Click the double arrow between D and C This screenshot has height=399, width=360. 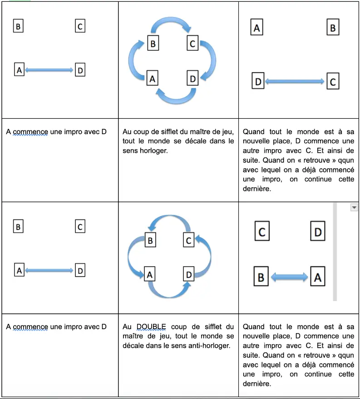(294, 82)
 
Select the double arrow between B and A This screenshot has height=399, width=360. (289, 277)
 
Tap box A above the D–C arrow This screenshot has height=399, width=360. (257, 28)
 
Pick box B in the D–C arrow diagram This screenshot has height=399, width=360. (333, 28)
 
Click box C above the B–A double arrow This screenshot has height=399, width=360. (261, 232)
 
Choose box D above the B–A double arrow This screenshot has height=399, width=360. (318, 232)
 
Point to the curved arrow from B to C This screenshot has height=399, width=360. (171, 26)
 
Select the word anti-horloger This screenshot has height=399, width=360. (213, 345)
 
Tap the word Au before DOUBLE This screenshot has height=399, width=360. (127, 326)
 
